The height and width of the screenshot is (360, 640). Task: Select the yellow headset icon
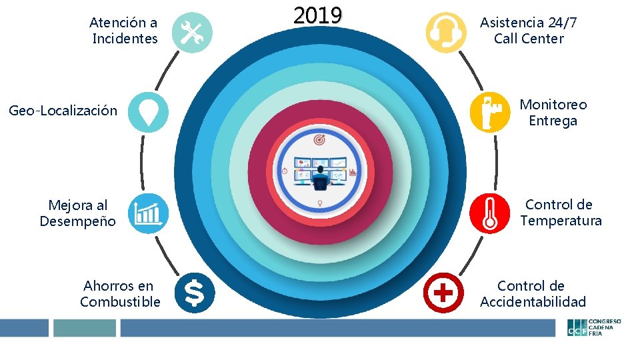tap(445, 32)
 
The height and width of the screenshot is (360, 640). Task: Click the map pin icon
tap(148, 111)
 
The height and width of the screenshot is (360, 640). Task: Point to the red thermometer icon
tap(489, 213)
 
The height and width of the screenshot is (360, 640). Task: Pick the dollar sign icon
tap(194, 292)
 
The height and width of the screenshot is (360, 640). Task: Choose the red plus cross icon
tap(444, 292)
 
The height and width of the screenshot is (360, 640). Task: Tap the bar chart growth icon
tap(148, 213)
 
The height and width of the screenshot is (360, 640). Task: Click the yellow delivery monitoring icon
tap(489, 111)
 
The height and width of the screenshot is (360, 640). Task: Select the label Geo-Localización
tap(63, 111)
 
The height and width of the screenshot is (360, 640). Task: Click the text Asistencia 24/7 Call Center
tap(529, 31)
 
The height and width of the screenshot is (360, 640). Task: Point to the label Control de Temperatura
tap(561, 213)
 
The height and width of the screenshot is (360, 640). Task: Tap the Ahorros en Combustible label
tap(120, 294)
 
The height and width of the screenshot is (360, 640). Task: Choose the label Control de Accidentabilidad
tap(533, 294)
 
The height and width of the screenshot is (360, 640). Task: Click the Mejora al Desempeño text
tap(77, 213)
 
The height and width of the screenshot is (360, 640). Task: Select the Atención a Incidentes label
tap(125, 31)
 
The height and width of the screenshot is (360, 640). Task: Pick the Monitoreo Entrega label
tap(553, 113)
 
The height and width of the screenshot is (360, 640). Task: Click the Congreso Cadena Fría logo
tap(594, 327)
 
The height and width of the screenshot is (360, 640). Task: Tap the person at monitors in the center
tap(320, 175)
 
